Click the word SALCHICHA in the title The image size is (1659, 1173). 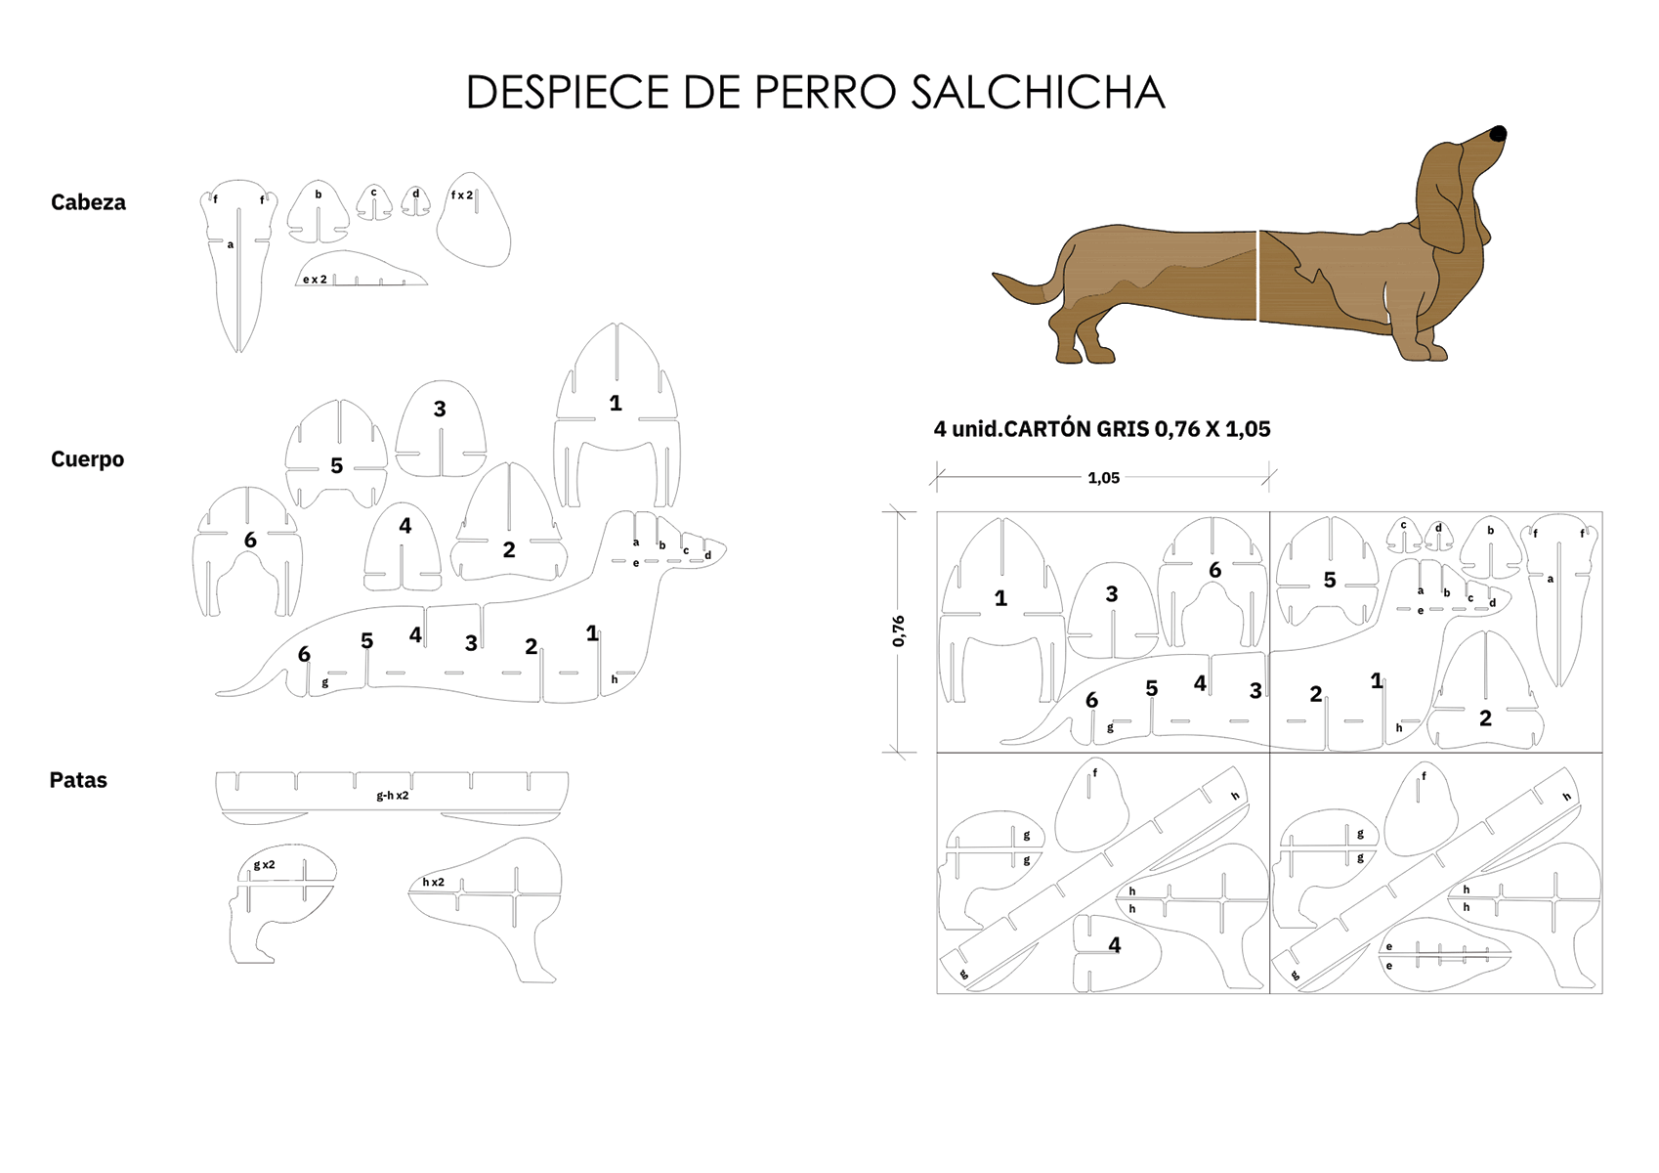[x=1038, y=93]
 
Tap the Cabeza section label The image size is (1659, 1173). [x=88, y=202]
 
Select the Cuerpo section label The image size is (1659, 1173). [x=87, y=459]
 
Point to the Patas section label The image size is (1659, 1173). [x=78, y=780]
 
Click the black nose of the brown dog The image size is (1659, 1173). [x=1498, y=134]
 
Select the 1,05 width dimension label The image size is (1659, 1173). [x=1103, y=478]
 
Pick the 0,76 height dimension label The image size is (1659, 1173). [x=899, y=630]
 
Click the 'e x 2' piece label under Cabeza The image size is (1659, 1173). [x=315, y=280]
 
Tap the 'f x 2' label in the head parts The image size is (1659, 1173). [x=461, y=195]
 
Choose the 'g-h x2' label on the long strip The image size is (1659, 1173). [x=393, y=796]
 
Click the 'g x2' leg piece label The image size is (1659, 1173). [x=264, y=865]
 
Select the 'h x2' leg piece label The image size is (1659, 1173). [x=433, y=883]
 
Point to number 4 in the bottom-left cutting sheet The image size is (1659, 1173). [x=1114, y=945]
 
